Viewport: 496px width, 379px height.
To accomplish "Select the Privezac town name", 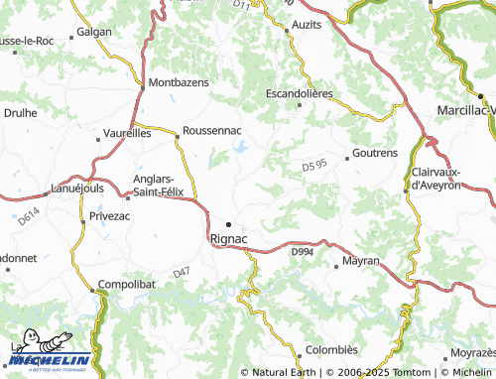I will [109, 215].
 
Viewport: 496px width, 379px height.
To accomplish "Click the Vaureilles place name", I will [126, 131].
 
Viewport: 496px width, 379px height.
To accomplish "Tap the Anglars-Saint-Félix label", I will [165, 186].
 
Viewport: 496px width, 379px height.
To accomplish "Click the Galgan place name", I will [95, 32].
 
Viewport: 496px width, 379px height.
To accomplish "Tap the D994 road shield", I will [303, 253].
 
